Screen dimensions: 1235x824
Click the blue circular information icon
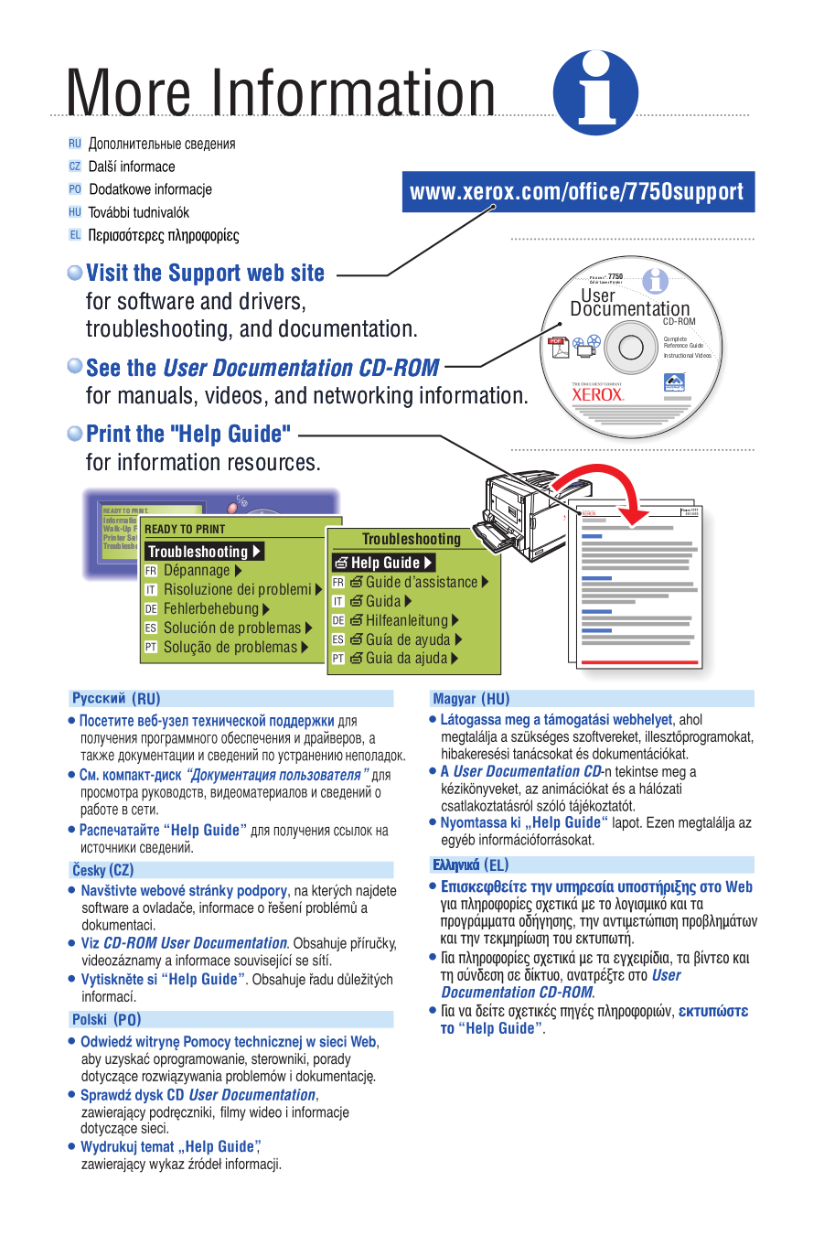tap(595, 93)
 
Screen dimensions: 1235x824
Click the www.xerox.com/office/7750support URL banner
tap(578, 192)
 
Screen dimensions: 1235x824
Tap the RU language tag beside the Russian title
tap(75, 144)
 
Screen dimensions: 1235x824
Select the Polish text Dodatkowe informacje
tap(150, 189)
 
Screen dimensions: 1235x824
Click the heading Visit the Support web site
tap(205, 274)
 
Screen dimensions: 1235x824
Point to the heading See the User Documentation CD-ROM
tap(262, 368)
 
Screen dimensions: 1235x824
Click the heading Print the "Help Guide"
tap(187, 434)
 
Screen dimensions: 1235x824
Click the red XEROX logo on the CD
tap(597, 394)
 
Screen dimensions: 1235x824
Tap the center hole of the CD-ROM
tap(631, 348)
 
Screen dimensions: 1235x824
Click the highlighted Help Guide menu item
tap(383, 563)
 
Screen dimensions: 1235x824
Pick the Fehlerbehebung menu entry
tap(211, 609)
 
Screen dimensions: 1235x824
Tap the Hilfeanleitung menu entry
tap(407, 620)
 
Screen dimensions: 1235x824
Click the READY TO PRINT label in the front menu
tap(185, 529)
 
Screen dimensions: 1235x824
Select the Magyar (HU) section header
tap(471, 699)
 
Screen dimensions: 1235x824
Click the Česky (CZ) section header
tap(103, 870)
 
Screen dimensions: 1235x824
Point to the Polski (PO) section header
tap(107, 1019)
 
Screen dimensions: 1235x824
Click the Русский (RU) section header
tap(116, 699)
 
